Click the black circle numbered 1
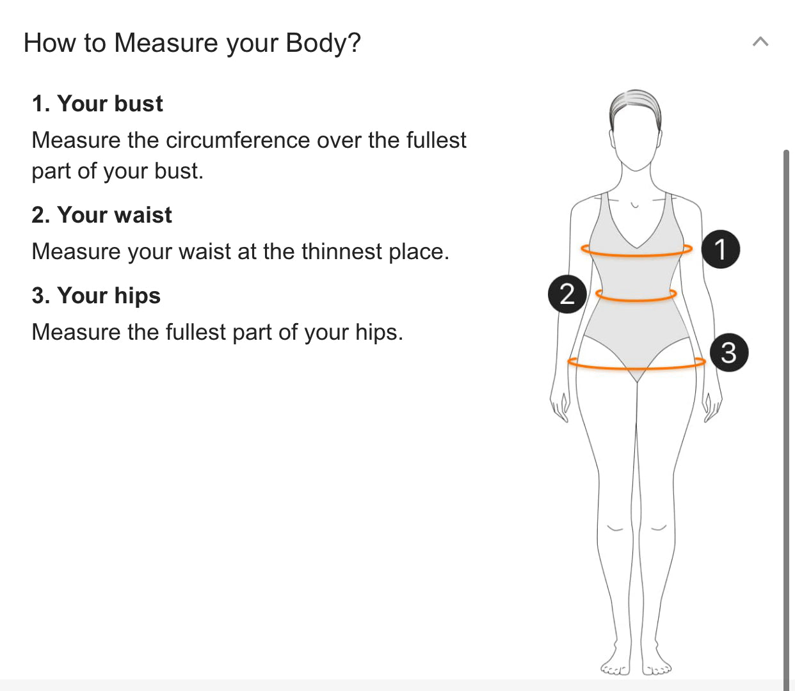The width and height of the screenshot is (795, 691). point(720,250)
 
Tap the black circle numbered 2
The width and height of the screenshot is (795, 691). point(567,294)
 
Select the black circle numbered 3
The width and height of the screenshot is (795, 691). point(729,353)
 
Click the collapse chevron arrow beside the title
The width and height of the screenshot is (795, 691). point(760,41)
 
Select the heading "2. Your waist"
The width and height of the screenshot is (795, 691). point(102,215)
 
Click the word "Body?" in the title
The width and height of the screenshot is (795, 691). point(323,42)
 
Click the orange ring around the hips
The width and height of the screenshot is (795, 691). point(636,367)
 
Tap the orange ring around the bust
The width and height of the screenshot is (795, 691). point(636,255)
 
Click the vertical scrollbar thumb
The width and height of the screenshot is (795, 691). point(787,420)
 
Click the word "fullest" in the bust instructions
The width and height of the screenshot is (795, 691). point(437,140)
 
